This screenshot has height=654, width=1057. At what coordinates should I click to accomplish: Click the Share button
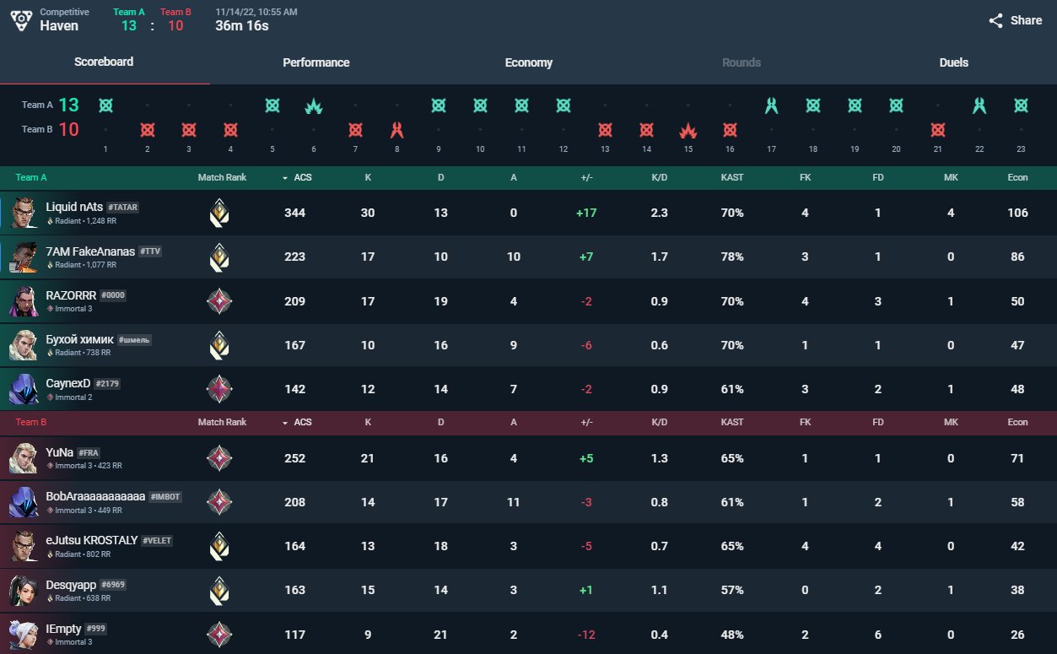click(1016, 20)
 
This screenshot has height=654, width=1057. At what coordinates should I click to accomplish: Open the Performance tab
click(315, 62)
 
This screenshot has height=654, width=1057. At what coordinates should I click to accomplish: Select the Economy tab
click(528, 62)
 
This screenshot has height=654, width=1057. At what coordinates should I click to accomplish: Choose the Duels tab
click(953, 62)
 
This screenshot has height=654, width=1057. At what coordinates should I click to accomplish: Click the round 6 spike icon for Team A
click(314, 106)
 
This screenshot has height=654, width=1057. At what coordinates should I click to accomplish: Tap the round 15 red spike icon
click(688, 131)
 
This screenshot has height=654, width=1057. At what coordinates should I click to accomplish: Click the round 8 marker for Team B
click(397, 131)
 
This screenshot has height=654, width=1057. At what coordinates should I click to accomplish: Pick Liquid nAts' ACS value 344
click(294, 213)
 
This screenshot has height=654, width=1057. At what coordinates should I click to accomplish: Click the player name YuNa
click(58, 452)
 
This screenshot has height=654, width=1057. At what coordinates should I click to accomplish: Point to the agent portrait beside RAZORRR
click(23, 301)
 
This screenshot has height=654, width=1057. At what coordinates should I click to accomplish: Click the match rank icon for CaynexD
click(219, 389)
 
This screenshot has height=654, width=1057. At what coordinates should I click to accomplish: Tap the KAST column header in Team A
click(731, 177)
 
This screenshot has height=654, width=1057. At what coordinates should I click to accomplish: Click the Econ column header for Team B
click(1017, 422)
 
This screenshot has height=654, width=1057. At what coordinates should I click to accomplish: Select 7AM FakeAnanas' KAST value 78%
click(731, 257)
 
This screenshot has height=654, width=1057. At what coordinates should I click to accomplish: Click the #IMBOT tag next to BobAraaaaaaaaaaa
click(165, 497)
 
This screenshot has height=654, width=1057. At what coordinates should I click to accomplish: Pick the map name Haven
click(59, 26)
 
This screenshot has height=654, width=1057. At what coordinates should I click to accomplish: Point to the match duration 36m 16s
click(242, 26)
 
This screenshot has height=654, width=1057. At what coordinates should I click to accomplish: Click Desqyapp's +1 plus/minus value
click(585, 590)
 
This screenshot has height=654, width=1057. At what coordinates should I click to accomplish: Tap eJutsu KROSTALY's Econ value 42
click(1017, 546)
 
